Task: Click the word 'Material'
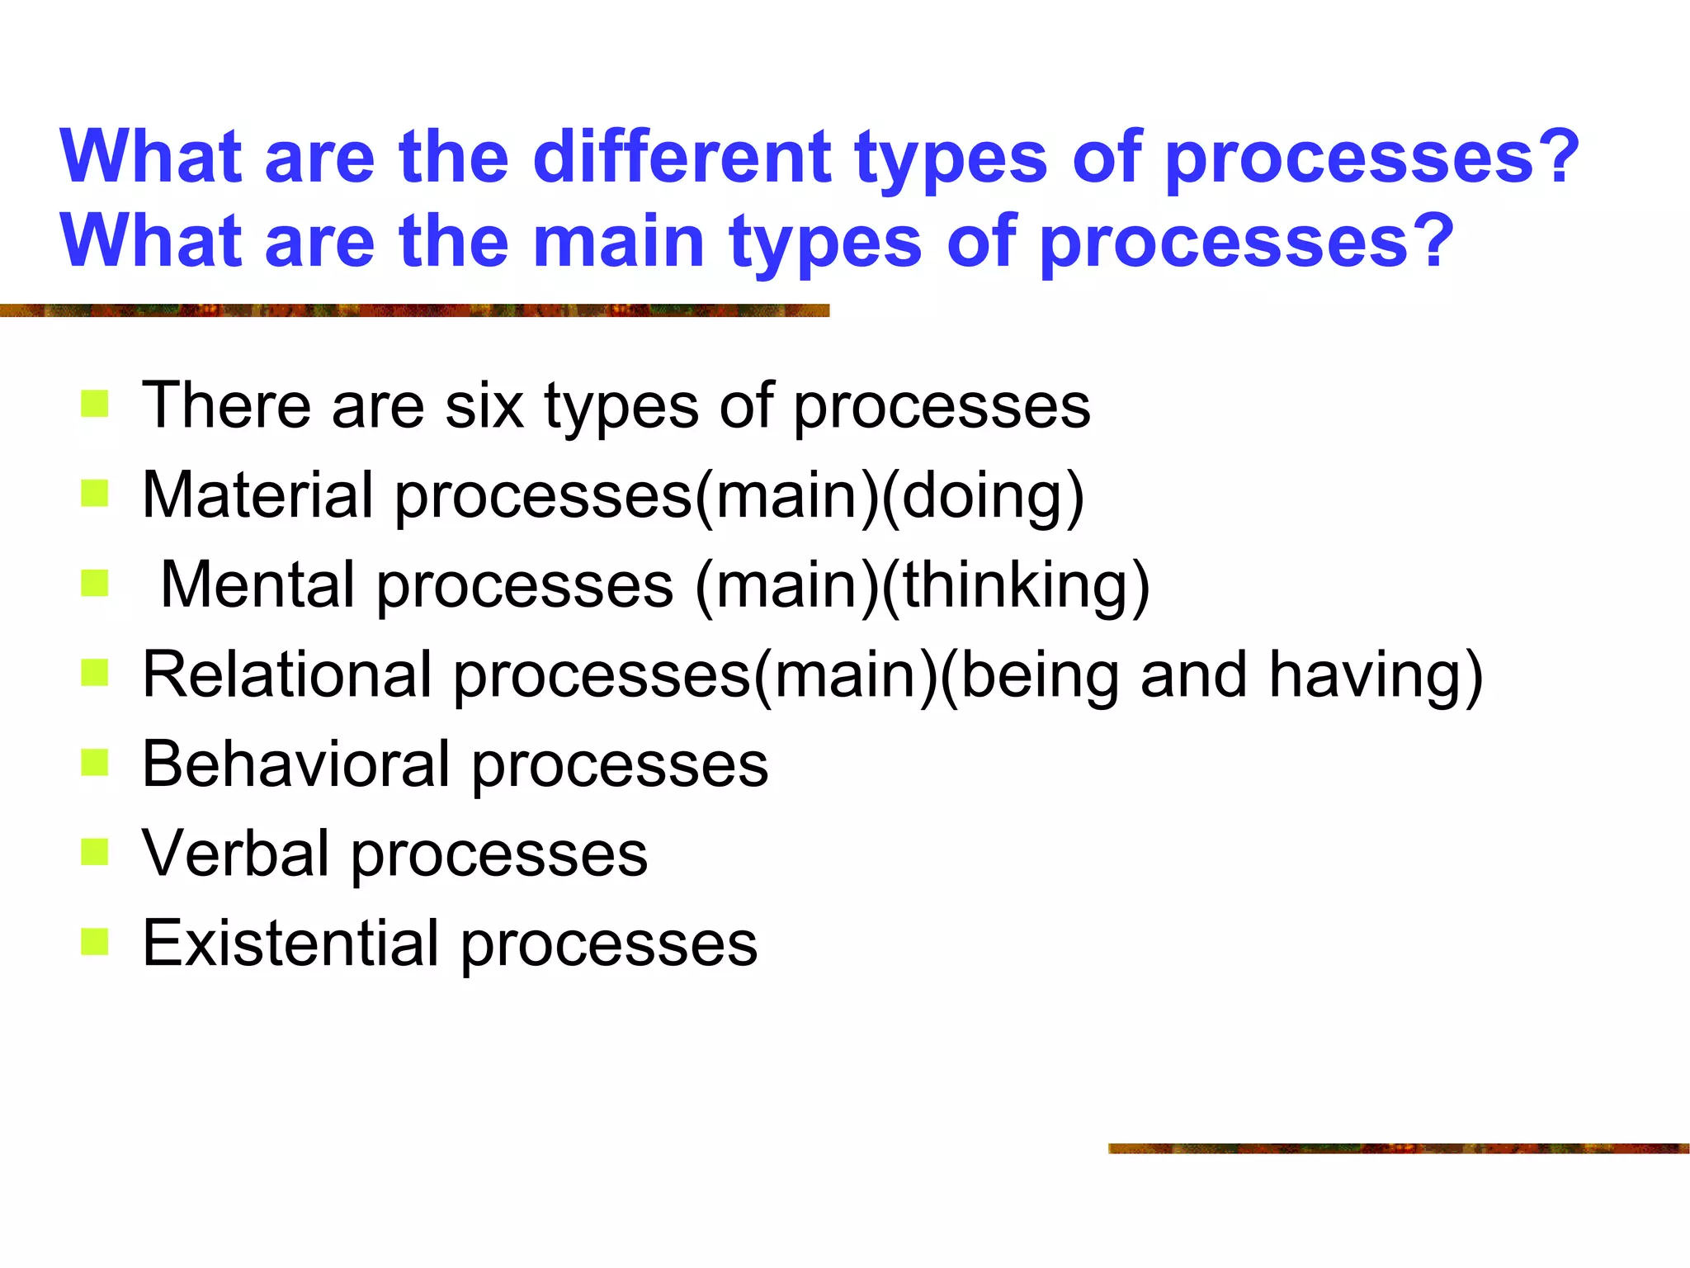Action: click(257, 495)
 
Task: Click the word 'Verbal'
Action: click(235, 854)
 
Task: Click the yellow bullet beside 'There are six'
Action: click(95, 405)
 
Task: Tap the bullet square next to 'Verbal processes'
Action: click(95, 852)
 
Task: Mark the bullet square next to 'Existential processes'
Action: click(95, 942)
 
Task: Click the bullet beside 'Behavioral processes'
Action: click(95, 763)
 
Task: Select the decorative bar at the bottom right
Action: click(1398, 1148)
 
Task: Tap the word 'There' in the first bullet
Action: click(226, 406)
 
